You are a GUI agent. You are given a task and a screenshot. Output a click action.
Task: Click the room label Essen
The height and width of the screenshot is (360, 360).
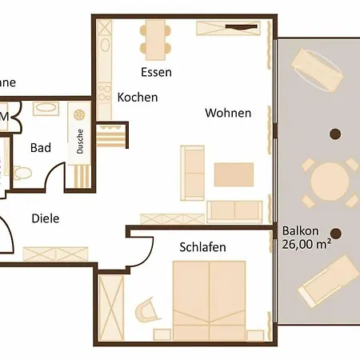pyautogui.click(x=156, y=72)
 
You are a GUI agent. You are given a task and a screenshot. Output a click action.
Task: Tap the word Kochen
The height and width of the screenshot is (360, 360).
pyautogui.click(x=138, y=98)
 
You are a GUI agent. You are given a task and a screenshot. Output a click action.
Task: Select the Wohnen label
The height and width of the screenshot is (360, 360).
pyautogui.click(x=228, y=113)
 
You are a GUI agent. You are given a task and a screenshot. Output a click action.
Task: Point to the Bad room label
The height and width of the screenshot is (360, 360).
pyautogui.click(x=41, y=148)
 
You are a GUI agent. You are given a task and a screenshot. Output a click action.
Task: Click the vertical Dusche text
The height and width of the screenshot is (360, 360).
pyautogui.click(x=81, y=142)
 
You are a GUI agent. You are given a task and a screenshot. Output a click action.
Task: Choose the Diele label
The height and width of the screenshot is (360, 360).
pyautogui.click(x=46, y=218)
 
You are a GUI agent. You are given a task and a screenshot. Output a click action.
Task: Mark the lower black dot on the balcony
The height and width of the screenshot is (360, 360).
pyautogui.click(x=336, y=234)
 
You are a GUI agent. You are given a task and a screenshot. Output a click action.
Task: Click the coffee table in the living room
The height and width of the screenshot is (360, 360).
pyautogui.click(x=234, y=174)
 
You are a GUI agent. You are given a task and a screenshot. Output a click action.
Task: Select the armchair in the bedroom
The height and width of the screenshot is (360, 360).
pyautogui.click(x=146, y=309)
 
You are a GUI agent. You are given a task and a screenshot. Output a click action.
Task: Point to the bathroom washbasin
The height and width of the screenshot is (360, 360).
pyautogui.click(x=44, y=108)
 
